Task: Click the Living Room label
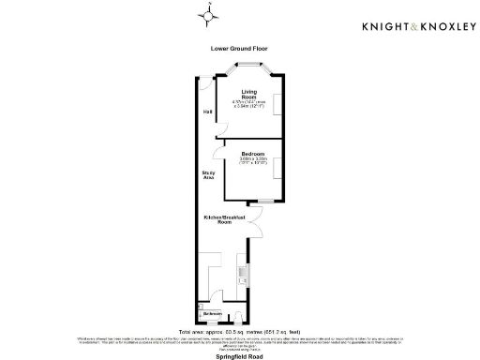point(249,94)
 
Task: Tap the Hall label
point(207,112)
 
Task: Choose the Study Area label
point(209,175)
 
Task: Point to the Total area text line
point(240,331)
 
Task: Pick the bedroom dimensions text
point(254,161)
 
